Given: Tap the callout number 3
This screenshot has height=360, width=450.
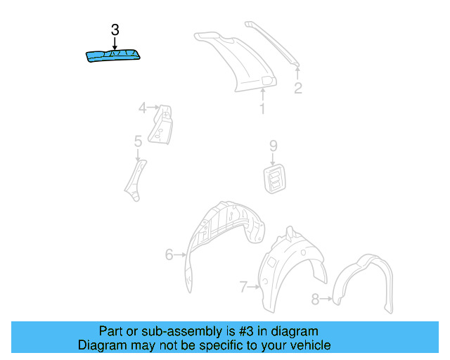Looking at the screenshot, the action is tap(115, 30).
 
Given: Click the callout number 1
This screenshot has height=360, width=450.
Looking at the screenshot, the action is tap(262, 109).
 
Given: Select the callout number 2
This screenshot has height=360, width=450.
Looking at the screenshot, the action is tap(297, 88).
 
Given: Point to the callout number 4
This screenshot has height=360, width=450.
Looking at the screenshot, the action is tap(143, 108).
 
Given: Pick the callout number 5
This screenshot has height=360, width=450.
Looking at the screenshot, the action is tap(138, 142).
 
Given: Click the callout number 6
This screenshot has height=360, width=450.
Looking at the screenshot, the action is tap(169, 255).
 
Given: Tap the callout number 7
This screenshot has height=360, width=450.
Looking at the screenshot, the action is tap(243, 286).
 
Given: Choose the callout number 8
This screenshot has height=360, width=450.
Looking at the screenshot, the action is tap(315, 299).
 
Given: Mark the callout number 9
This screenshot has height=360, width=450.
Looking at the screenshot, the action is tap(274, 146).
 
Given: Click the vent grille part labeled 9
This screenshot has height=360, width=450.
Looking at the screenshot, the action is tap(274, 177).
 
